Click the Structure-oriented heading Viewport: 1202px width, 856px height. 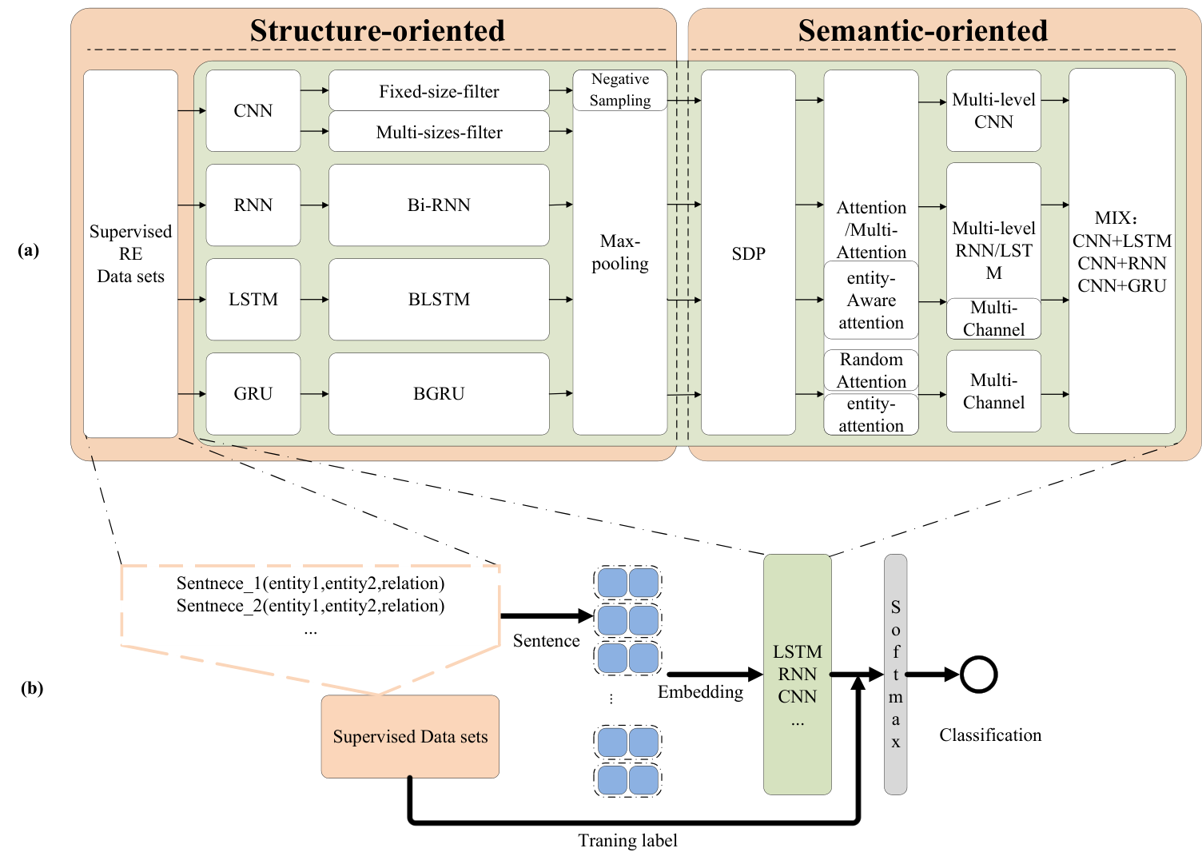pyautogui.click(x=377, y=30)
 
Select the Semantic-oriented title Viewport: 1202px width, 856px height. pyautogui.click(x=922, y=30)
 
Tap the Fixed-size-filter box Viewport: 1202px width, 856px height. pyautogui.click(x=439, y=90)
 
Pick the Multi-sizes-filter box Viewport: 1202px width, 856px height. pyautogui.click(x=439, y=132)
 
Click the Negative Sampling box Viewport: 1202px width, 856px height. pyautogui.click(x=620, y=90)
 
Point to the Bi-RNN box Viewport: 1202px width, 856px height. pyautogui.click(x=439, y=205)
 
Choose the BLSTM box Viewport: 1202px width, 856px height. pyautogui.click(x=439, y=300)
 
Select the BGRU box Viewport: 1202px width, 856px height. pyautogui.click(x=439, y=394)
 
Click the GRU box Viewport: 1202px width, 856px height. pyautogui.click(x=253, y=394)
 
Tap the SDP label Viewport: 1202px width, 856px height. pyautogui.click(x=749, y=253)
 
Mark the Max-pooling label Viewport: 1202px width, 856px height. pyautogui.click(x=620, y=253)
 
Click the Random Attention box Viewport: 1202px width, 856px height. pyautogui.click(x=871, y=370)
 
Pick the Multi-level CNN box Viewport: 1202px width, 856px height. pyautogui.click(x=993, y=110)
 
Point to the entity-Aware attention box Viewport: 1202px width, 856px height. pyautogui.click(x=871, y=300)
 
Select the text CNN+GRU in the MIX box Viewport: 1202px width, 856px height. pyautogui.click(x=1121, y=285)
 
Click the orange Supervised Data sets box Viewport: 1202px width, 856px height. pyautogui.click(x=410, y=736)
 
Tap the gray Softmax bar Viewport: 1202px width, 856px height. pyautogui.click(x=896, y=674)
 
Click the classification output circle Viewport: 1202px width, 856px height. pyautogui.click(x=979, y=674)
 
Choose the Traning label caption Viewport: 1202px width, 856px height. pyautogui.click(x=627, y=841)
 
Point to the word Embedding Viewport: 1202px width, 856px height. pyautogui.click(x=700, y=692)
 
